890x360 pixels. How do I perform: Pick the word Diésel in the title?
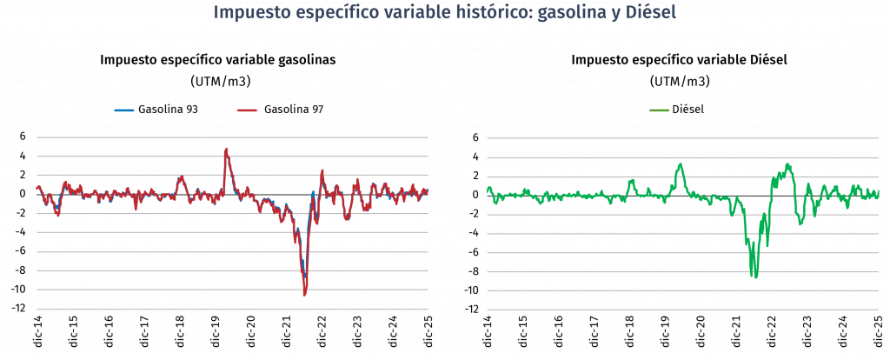pos(651,14)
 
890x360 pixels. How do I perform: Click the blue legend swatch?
pos(124,110)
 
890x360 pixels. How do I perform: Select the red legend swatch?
pos(248,110)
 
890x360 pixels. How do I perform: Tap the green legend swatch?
pos(660,110)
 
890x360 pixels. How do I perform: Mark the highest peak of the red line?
pos(226,149)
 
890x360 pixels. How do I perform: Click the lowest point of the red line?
pos(304,295)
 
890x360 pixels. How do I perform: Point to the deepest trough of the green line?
pos(754,277)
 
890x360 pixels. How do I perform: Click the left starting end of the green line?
pos(488,190)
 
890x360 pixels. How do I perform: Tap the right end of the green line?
pos(879,192)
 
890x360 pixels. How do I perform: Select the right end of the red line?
pos(428,191)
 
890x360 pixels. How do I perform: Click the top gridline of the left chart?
pos(232,137)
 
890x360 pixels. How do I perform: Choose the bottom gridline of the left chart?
pos(232,310)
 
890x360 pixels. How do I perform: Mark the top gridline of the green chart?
pos(682,137)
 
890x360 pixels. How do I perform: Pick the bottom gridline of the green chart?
pos(682,310)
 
